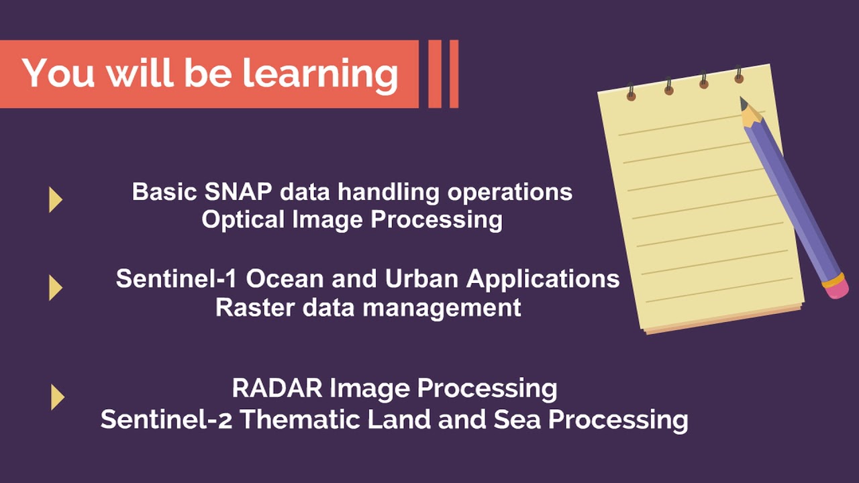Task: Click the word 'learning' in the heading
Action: point(320,73)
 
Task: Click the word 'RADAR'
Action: point(277,388)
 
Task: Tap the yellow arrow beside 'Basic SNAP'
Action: point(56,199)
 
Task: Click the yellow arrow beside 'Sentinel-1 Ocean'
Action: point(56,288)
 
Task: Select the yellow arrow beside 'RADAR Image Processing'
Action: point(57,397)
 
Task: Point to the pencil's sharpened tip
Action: point(744,103)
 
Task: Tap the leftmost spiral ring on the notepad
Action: point(631,93)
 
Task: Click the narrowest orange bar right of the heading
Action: point(454,74)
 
